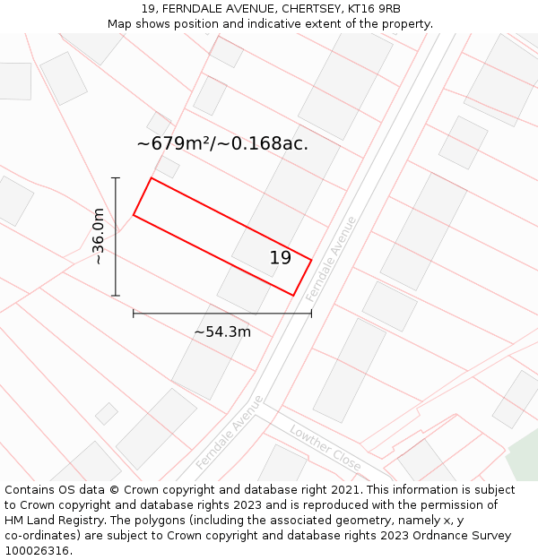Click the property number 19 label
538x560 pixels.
coord(281,258)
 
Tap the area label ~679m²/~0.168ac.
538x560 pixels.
coord(222,143)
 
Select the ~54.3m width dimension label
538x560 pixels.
coord(222,332)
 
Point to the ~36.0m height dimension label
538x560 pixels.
coord(98,236)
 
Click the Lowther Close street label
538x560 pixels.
coord(325,448)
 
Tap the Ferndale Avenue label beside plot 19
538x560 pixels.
coord(331,258)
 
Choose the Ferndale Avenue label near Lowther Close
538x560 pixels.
coord(230,432)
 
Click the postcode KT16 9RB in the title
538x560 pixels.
coord(367,9)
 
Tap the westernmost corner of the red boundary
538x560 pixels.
coord(134,215)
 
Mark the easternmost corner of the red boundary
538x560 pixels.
coord(311,261)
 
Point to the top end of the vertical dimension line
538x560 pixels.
coord(116,178)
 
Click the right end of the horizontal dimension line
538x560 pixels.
coord(311,314)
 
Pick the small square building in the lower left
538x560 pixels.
coord(107,413)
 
